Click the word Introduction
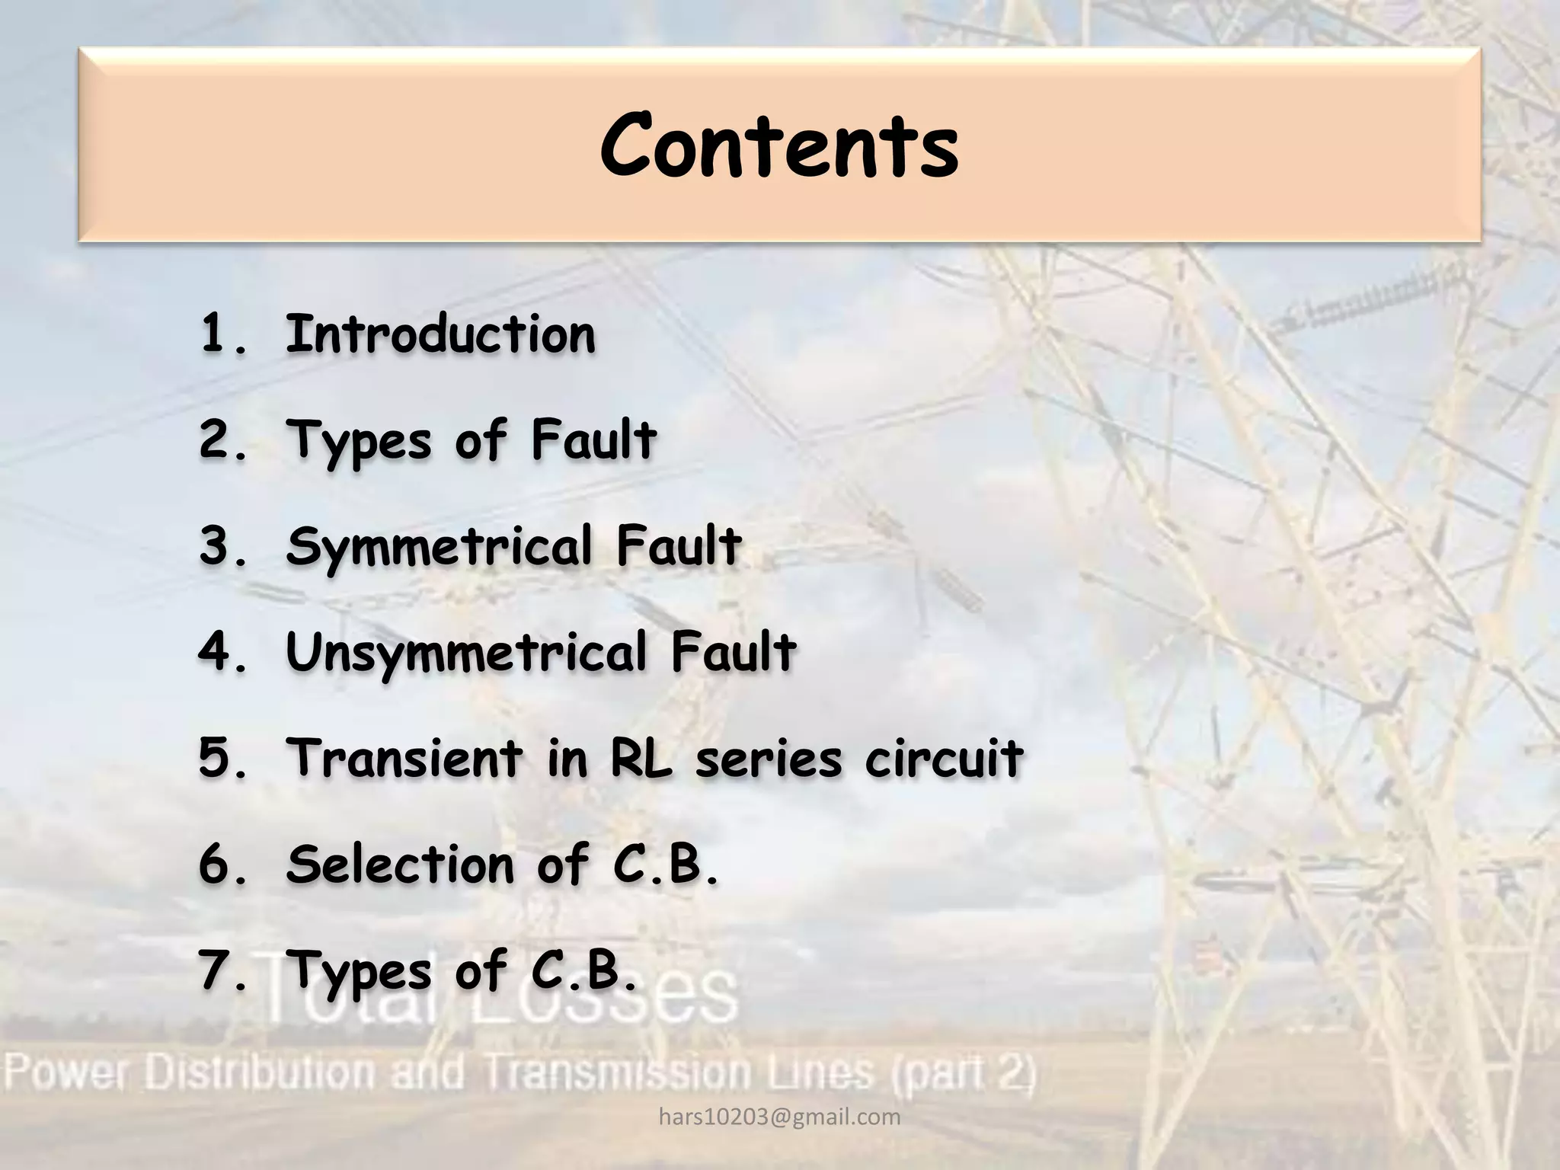(x=440, y=334)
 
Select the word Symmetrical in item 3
(x=440, y=548)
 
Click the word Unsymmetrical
(x=466, y=654)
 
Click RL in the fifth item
(x=641, y=759)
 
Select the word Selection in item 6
(x=400, y=865)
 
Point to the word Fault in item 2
(x=594, y=440)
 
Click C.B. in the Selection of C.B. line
(x=665, y=865)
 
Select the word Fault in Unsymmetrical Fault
(x=734, y=654)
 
